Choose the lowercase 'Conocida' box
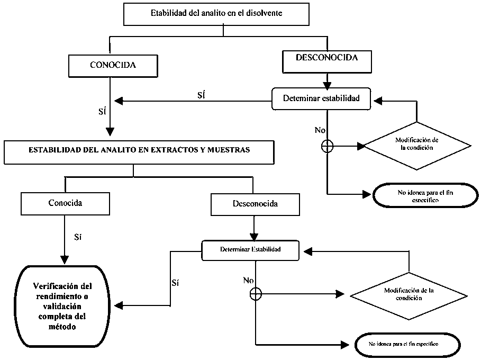(65, 203)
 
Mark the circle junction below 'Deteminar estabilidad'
(328, 146)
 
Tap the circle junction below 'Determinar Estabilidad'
(256, 293)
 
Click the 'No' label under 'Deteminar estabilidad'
(320, 130)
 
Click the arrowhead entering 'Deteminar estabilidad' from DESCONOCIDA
(328, 85)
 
